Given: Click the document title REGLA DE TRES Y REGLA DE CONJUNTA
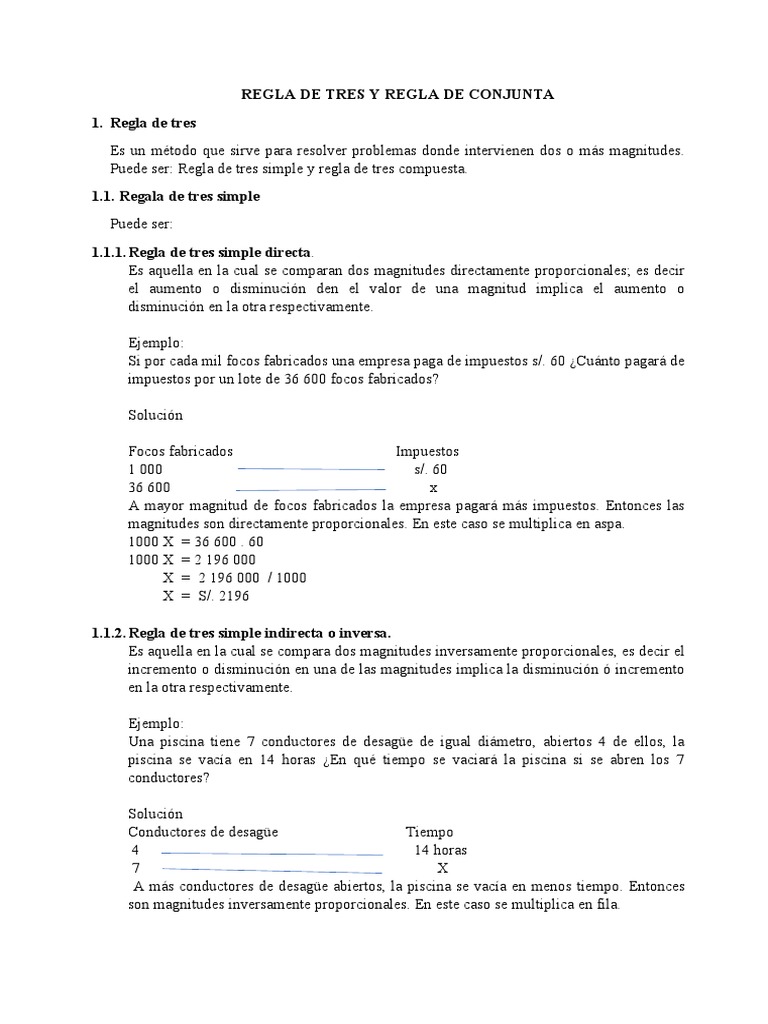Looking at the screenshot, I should (x=397, y=94).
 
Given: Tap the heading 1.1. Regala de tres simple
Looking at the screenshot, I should (x=175, y=197).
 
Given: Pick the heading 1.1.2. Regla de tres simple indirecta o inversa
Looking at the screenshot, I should (x=241, y=633).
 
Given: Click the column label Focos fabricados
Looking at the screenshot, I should (x=181, y=451).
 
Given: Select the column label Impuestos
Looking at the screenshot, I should (x=427, y=451).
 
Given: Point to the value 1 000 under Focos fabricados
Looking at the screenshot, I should (x=145, y=469).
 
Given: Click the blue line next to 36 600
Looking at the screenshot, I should (x=310, y=488).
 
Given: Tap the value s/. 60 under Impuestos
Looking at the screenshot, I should (x=431, y=469).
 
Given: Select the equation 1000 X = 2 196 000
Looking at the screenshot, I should (x=192, y=560).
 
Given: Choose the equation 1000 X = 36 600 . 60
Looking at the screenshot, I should (x=196, y=542).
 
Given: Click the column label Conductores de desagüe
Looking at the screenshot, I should (x=203, y=832).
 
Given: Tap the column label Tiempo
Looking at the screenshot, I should (x=429, y=832).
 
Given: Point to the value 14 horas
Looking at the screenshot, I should (x=441, y=850).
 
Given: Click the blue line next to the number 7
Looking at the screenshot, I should (x=271, y=869).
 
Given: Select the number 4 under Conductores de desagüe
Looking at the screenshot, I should (x=135, y=850).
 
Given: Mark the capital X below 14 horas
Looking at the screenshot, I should (x=442, y=868).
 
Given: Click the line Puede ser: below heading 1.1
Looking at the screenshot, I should (x=141, y=224).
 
